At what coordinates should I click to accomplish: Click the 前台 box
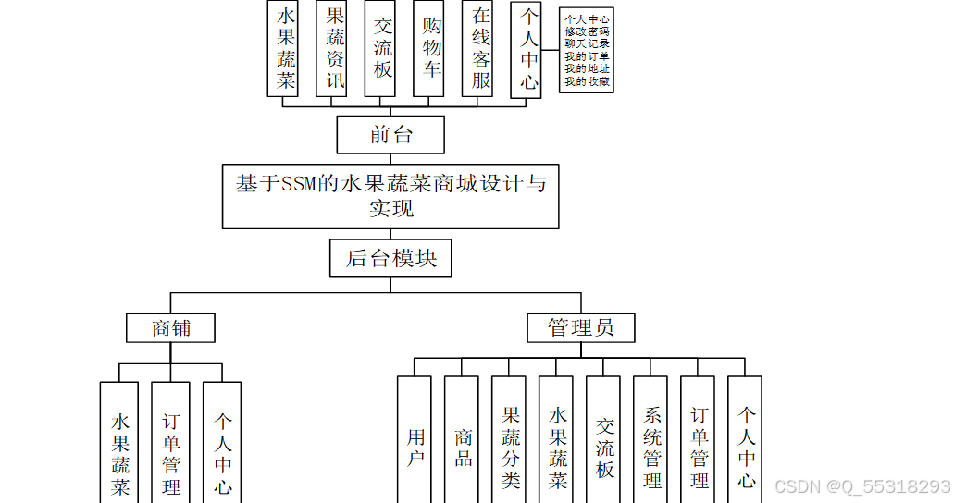[390, 135]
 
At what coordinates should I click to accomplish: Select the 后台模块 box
[390, 259]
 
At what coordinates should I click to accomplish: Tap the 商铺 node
[171, 327]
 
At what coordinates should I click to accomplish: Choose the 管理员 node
[581, 327]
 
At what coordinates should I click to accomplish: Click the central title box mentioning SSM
[390, 196]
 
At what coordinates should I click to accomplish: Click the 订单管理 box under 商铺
[171, 448]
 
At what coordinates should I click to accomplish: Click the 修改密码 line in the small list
[587, 31]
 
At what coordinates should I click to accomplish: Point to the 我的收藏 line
[587, 81]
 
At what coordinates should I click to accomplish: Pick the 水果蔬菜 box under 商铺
[119, 448]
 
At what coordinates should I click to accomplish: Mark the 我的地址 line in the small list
[587, 68]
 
